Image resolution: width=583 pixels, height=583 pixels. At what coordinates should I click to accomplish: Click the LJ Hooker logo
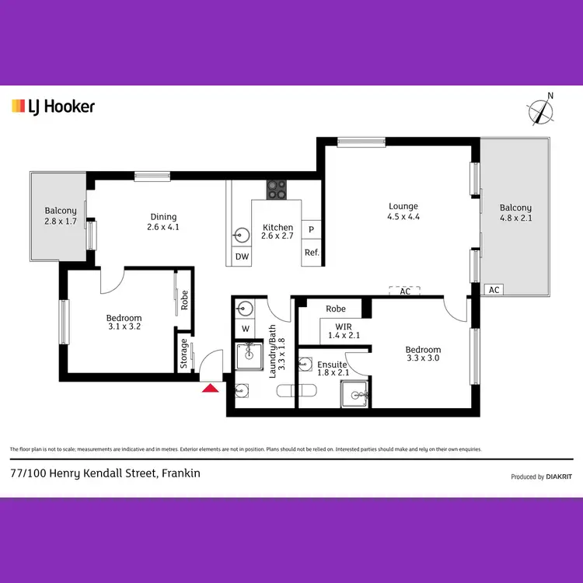point(53,106)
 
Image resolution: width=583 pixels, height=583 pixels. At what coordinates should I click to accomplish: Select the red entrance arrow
point(210,388)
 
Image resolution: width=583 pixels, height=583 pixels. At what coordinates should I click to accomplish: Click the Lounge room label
point(404,206)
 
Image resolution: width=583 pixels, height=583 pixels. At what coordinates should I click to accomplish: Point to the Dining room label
point(163,217)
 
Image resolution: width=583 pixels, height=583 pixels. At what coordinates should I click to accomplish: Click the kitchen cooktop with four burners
point(277,189)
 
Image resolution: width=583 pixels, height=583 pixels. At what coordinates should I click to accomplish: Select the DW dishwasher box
point(241,257)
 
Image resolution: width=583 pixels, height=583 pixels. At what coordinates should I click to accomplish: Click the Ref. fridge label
point(312,252)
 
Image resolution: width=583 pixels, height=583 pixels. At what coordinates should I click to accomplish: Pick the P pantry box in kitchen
point(311,230)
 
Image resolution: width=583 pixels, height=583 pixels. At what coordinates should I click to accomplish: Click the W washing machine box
point(245,328)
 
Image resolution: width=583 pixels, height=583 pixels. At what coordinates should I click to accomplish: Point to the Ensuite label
point(332,364)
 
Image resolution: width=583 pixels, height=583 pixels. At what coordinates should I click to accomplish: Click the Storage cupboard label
point(184,353)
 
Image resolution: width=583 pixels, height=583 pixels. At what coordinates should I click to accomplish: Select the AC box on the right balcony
point(493,289)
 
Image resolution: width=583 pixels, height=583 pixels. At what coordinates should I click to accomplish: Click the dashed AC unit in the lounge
point(405,291)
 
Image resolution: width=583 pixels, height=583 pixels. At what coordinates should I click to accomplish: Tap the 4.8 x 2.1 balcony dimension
point(515,218)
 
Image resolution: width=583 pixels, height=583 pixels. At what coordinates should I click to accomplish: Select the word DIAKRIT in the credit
point(558,477)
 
